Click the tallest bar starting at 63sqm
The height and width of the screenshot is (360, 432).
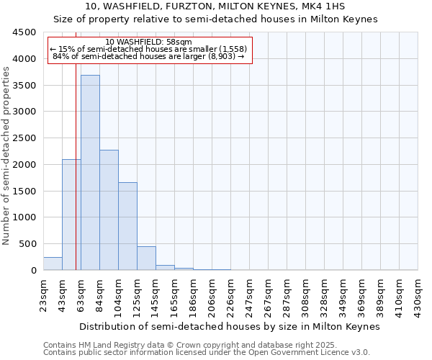click(90, 173)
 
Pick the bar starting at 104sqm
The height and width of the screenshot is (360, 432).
click(127, 226)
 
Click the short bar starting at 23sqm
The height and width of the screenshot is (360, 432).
click(53, 264)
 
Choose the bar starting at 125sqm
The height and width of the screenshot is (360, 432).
click(146, 258)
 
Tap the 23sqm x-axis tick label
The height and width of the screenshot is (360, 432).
click(44, 293)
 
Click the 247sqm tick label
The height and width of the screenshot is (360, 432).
click(250, 294)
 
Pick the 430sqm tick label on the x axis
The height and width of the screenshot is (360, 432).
click(418, 294)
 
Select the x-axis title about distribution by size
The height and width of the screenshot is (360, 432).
click(229, 326)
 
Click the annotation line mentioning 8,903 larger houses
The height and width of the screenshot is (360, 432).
click(149, 56)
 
